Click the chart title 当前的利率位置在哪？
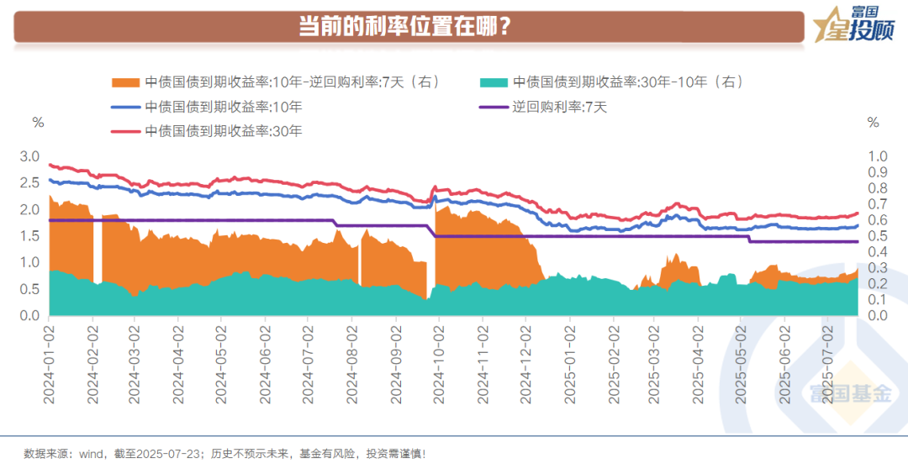(x=406, y=26)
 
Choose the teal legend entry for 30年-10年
(x=611, y=82)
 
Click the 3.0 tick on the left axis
(x=29, y=156)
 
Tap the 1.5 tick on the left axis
(x=29, y=236)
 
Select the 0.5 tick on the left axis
(x=29, y=289)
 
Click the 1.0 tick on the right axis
(x=877, y=156)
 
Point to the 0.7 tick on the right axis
(x=877, y=204)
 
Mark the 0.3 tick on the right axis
(x=877, y=268)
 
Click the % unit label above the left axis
(x=38, y=123)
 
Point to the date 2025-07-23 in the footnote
(x=173, y=454)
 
